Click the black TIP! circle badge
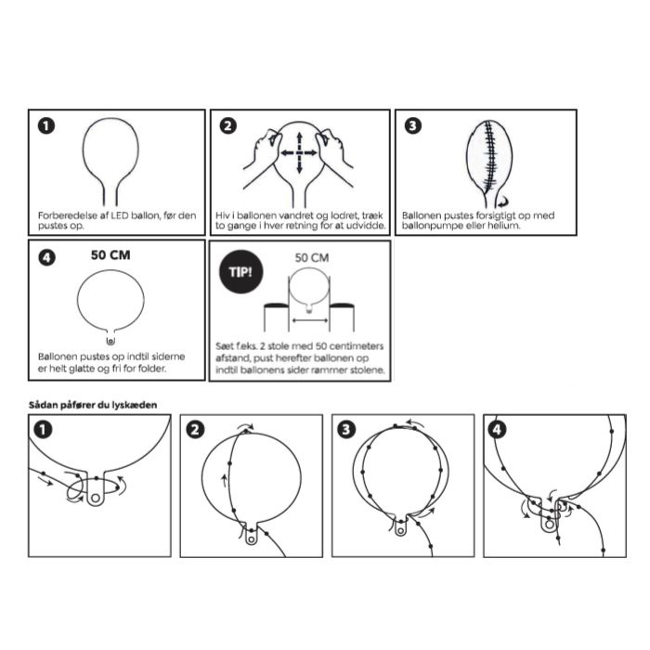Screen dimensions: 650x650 tap(240, 271)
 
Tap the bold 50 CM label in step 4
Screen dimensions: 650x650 tap(110, 255)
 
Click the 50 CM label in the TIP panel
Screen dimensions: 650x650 tap(312, 258)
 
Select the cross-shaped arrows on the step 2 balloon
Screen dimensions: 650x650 tap(299, 153)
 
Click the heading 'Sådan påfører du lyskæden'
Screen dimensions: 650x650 tap(93, 405)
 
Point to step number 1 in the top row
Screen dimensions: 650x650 tap(46, 126)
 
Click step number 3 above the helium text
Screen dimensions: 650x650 tap(413, 126)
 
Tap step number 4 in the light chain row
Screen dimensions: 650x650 tap(497, 430)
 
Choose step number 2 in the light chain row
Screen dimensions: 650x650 tap(195, 430)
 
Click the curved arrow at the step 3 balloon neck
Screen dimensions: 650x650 tap(503, 201)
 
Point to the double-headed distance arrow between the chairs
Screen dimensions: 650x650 tap(310, 320)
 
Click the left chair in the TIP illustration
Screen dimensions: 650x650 tap(277, 318)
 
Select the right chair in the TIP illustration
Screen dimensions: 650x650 tap(342, 318)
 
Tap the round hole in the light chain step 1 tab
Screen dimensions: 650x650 tap(96, 498)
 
